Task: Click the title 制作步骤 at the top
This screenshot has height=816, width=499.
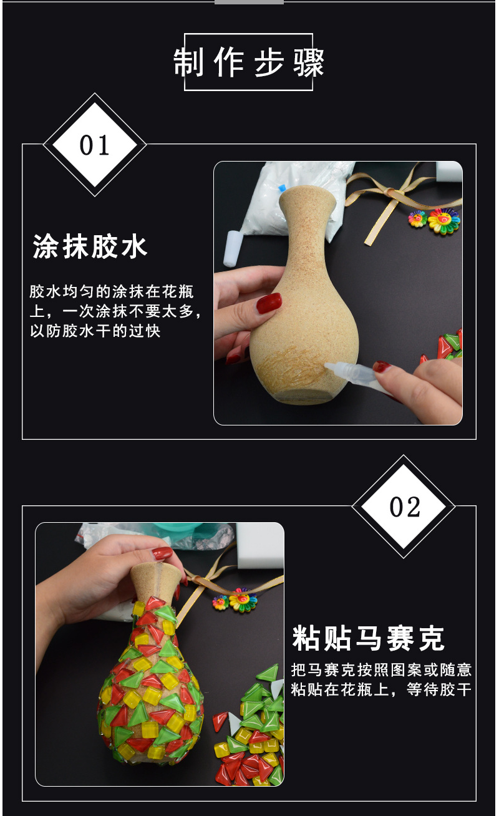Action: pos(249,62)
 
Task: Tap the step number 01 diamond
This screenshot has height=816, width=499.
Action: pos(95,145)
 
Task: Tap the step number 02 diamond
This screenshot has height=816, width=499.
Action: pos(404,507)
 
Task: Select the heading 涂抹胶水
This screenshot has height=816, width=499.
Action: pos(90,246)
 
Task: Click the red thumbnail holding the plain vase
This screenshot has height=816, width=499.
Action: pos(269,303)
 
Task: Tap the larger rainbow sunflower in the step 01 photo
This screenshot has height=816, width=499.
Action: pos(443,221)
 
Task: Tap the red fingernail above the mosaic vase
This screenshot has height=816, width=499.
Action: pos(162,554)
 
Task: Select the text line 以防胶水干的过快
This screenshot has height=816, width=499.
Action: pos(95,331)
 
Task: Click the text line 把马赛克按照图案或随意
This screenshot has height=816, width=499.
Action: pos(381,670)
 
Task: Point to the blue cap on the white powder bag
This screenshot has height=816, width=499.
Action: pos(281,188)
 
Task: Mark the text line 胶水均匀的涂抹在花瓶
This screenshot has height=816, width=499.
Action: pos(112,291)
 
